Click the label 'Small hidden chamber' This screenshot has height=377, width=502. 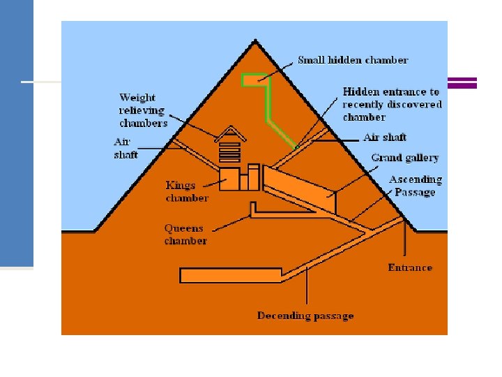coord(352,60)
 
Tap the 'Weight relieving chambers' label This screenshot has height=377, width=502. coord(143,110)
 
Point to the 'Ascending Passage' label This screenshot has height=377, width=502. coord(416,186)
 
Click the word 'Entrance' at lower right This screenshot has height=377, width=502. coord(410,267)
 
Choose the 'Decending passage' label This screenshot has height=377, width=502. coord(305,316)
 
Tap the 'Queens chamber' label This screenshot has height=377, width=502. coord(185,235)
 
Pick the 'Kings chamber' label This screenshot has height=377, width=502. coord(187,191)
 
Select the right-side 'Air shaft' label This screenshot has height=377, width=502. coord(385,138)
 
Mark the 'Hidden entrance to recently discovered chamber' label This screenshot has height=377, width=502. coord(392,104)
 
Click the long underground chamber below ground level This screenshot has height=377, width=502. coord(230,275)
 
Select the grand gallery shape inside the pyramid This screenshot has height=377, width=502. coord(300,187)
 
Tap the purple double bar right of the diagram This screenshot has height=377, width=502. coord(462,82)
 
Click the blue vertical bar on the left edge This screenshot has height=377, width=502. coord(16,133)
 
